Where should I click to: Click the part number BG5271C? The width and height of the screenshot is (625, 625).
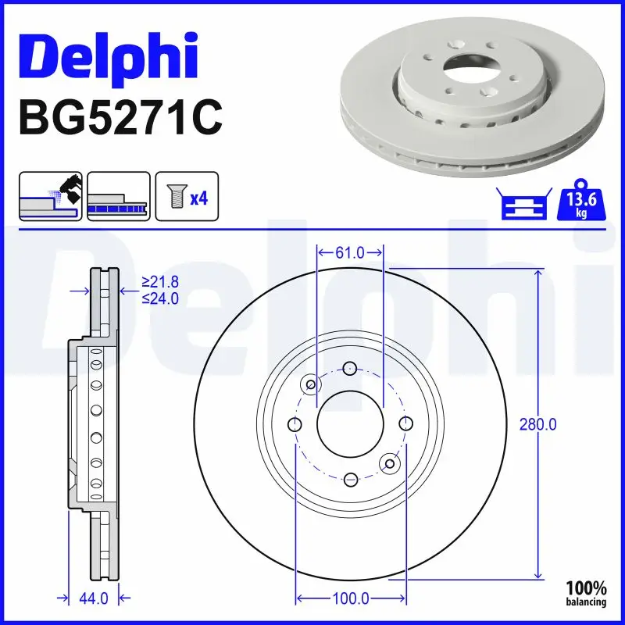(x=120, y=117)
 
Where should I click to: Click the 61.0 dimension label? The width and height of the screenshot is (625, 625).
(x=350, y=252)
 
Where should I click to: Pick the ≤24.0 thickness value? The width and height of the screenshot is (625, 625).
(x=159, y=298)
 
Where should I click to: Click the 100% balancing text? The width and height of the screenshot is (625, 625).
(x=586, y=593)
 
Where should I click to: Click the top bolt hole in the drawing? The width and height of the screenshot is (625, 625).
(x=350, y=369)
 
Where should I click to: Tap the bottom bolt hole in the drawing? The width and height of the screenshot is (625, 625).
(x=350, y=478)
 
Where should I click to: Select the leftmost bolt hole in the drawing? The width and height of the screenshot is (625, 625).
(x=295, y=424)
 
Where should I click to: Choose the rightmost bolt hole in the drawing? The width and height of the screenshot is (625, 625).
(x=405, y=423)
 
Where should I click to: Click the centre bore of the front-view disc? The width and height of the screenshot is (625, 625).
(x=350, y=423)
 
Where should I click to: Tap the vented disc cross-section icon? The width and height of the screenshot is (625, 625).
(x=118, y=197)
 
